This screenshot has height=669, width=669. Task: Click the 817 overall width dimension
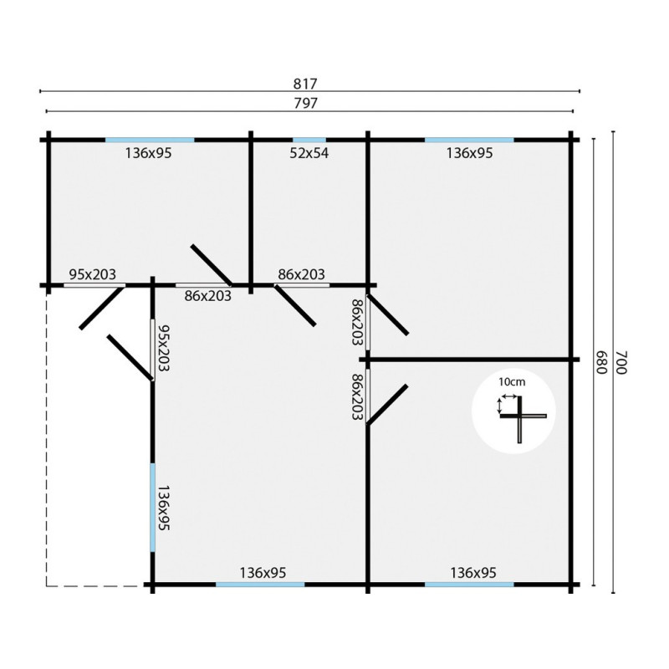(x=305, y=84)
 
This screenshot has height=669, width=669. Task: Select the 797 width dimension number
(x=305, y=103)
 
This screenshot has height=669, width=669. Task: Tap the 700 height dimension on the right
(x=622, y=362)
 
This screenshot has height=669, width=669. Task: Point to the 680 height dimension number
(x=601, y=362)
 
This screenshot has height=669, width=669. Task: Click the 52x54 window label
(x=309, y=153)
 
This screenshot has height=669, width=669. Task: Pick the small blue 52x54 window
(x=309, y=140)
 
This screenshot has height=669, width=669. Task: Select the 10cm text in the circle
(x=512, y=382)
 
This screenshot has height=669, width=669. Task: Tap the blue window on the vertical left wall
(x=152, y=508)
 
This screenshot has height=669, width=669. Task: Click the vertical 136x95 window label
(x=164, y=508)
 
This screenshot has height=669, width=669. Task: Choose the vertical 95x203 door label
(x=164, y=348)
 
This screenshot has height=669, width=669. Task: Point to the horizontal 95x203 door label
(x=93, y=274)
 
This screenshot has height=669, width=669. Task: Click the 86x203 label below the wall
(x=207, y=296)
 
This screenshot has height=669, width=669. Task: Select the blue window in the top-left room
(x=150, y=140)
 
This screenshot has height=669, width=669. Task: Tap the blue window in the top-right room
(x=469, y=140)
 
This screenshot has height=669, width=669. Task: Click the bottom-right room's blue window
(x=469, y=585)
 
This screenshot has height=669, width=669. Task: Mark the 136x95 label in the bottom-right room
(x=473, y=573)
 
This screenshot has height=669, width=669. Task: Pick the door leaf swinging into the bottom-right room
(x=387, y=405)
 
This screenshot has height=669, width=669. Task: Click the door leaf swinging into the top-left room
(x=212, y=265)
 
